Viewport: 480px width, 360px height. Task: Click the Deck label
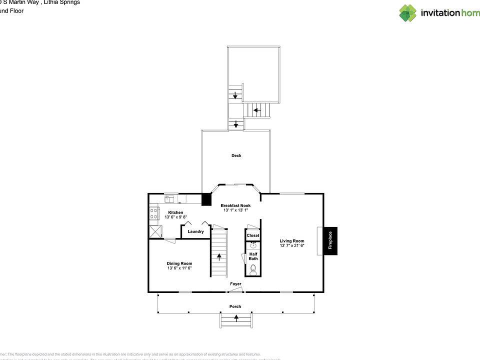pyautogui.click(x=236, y=155)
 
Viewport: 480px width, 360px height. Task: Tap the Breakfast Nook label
pyautogui.click(x=235, y=205)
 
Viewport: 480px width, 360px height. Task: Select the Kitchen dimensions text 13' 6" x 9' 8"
pyautogui.click(x=175, y=217)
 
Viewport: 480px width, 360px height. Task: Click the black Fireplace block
pyautogui.click(x=330, y=241)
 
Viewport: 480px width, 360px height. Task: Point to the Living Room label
pyautogui.click(x=291, y=241)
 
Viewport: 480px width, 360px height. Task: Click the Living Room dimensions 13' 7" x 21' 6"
pyautogui.click(x=291, y=245)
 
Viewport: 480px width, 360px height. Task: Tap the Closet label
pyautogui.click(x=253, y=235)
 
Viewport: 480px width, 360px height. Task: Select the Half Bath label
pyautogui.click(x=253, y=255)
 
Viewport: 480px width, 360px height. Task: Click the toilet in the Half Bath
pyautogui.click(x=253, y=270)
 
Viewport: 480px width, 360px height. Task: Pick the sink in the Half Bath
pyautogui.click(x=253, y=245)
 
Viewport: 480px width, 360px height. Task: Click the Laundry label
pyautogui.click(x=195, y=231)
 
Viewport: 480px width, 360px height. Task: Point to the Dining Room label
pyautogui.click(x=179, y=263)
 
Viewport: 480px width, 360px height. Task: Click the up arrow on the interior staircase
pyautogui.click(x=219, y=257)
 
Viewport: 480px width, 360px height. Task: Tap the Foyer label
pyautogui.click(x=235, y=284)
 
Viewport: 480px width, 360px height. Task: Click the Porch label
pyautogui.click(x=235, y=306)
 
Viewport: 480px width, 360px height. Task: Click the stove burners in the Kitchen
pyautogui.click(x=154, y=214)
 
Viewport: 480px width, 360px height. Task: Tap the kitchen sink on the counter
pyautogui.click(x=170, y=199)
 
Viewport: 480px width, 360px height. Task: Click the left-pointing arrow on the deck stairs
pyautogui.click(x=256, y=109)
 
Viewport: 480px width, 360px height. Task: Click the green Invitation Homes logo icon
pyautogui.click(x=407, y=12)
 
